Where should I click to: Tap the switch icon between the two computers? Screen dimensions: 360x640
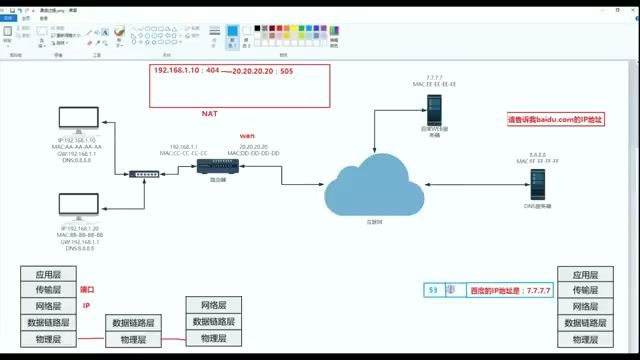coord(143,174)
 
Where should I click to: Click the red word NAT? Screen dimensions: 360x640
coord(210,114)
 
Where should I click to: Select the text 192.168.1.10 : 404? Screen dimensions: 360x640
coord(186,73)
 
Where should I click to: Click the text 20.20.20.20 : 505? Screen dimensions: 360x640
coord(262,73)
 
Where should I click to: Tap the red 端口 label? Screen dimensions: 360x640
coord(87,290)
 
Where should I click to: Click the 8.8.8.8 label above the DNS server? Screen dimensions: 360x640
coord(538,154)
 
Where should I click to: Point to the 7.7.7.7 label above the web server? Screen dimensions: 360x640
coord(433,76)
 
